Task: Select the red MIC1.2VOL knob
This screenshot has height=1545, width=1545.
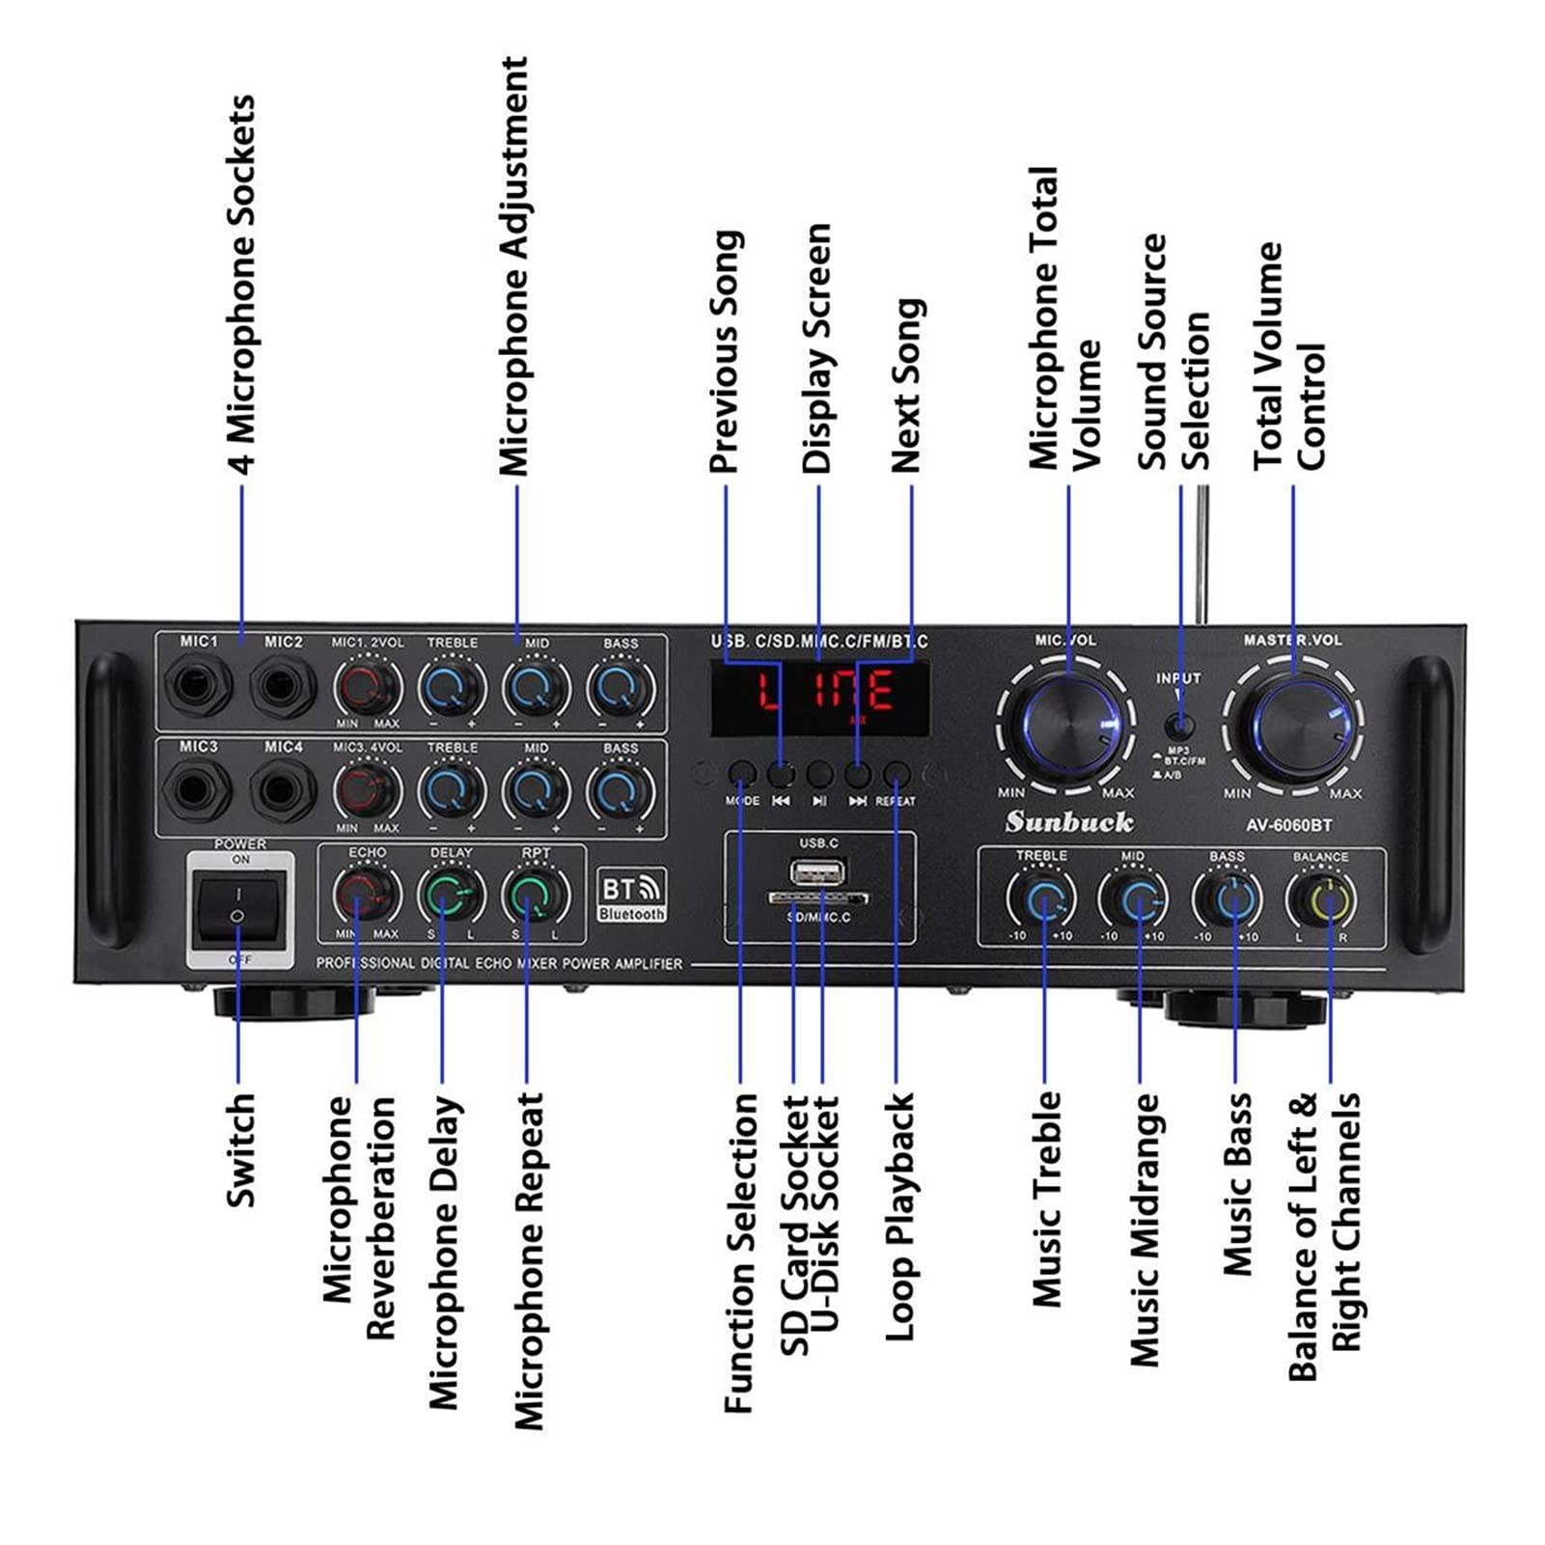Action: click(x=367, y=688)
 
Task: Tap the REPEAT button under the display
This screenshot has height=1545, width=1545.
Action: click(x=897, y=773)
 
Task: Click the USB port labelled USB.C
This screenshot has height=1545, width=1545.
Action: click(x=818, y=874)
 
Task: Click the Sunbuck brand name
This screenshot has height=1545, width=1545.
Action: click(x=1069, y=822)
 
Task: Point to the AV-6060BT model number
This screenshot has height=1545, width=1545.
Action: click(x=1288, y=825)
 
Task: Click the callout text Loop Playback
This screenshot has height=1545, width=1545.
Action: click(x=899, y=1216)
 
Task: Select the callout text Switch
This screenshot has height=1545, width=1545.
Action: click(x=240, y=1149)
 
